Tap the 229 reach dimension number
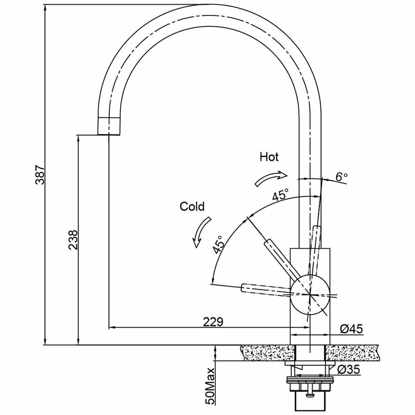[212, 322]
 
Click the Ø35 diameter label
[349, 370]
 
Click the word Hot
[269, 157]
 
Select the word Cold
[192, 206]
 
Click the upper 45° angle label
[280, 195]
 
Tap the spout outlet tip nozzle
[110, 126]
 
